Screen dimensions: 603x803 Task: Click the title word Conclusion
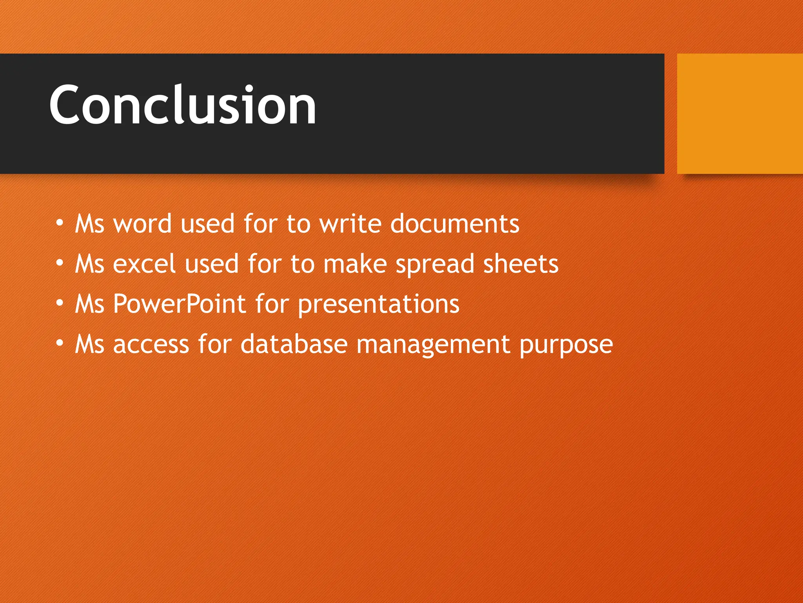(x=182, y=105)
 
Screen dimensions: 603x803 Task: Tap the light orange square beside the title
(x=739, y=113)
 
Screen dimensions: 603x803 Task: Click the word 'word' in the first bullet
(x=142, y=224)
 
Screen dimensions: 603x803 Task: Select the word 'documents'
(x=455, y=224)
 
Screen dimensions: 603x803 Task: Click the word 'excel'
(x=144, y=264)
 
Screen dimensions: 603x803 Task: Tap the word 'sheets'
(x=521, y=264)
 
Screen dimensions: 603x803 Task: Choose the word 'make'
(x=355, y=264)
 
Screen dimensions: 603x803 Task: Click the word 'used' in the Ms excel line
(x=212, y=264)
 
